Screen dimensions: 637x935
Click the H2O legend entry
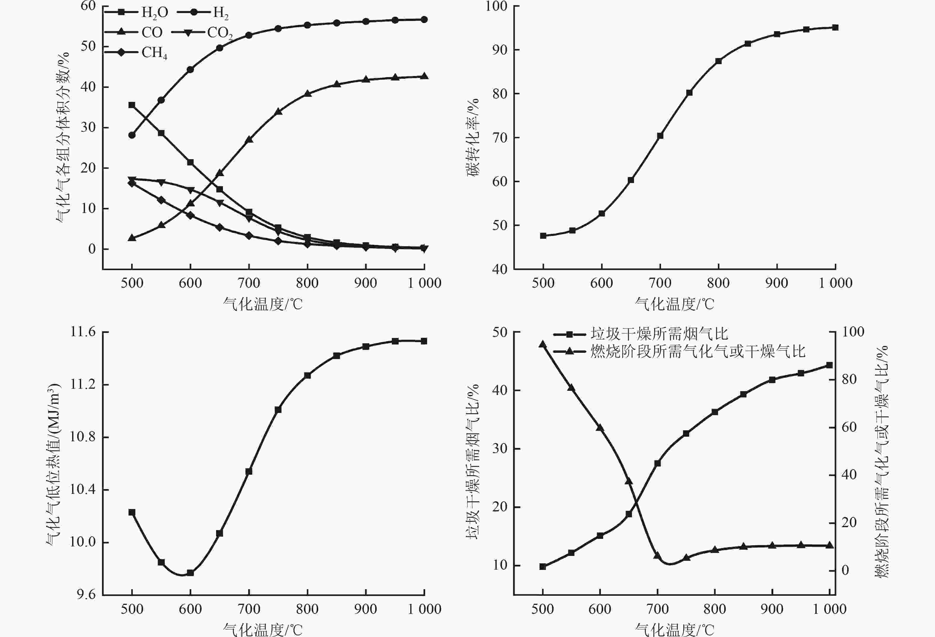(137, 12)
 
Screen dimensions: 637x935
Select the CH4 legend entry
(137, 52)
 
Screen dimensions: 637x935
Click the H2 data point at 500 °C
(132, 135)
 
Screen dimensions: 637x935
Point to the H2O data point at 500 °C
(132, 105)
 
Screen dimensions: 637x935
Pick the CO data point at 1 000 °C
(424, 76)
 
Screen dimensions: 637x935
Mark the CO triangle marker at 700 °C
(249, 139)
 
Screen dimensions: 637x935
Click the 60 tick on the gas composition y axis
(88, 6)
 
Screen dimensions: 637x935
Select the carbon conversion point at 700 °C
(660, 136)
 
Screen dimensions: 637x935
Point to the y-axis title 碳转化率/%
(473, 137)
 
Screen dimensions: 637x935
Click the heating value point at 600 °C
(190, 573)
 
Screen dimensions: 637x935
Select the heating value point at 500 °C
(132, 512)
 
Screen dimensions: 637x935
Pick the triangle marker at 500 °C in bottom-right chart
(542, 344)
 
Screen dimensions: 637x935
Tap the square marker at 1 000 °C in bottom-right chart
(829, 365)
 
